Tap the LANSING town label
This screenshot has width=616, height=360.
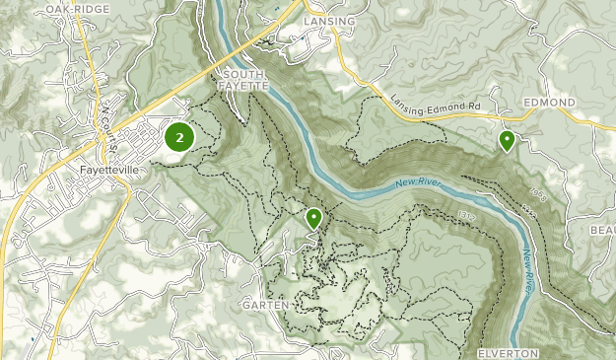(329, 20)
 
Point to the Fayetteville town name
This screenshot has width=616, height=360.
(113, 169)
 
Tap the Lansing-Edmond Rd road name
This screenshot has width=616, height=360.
(434, 108)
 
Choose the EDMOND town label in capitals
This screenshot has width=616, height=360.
(550, 103)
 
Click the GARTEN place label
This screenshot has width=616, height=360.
(266, 306)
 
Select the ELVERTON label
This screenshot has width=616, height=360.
(508, 352)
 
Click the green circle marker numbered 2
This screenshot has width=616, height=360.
(178, 137)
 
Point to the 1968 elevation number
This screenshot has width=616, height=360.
(537, 192)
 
